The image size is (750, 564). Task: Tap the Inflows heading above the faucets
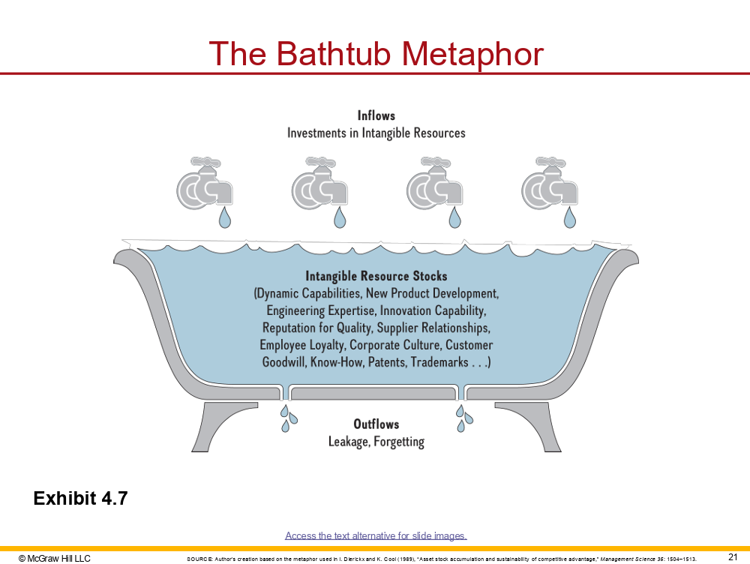pos(376,115)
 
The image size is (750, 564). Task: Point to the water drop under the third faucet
pos(454,217)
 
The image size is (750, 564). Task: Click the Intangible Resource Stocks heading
pos(376,276)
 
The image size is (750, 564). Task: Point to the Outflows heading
pos(376,424)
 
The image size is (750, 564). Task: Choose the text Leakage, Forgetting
pos(376,442)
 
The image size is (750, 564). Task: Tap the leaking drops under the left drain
pos(288,418)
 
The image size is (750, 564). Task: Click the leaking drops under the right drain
pos(464,418)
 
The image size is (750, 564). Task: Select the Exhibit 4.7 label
pos(81,498)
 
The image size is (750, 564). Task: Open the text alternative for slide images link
pos(376,535)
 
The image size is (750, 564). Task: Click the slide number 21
pos(733,556)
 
